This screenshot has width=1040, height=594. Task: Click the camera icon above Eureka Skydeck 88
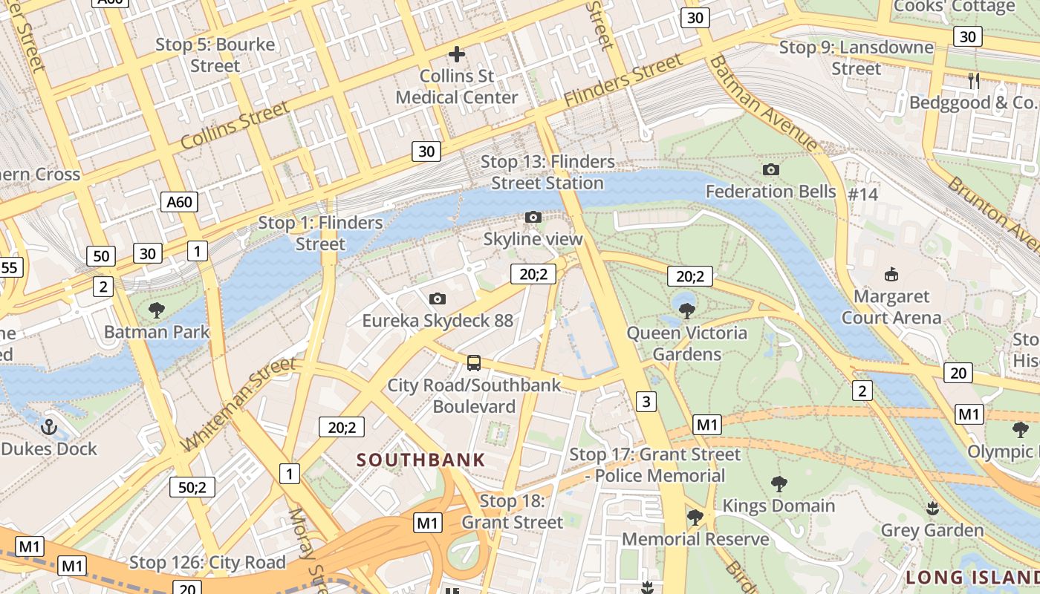point(438,298)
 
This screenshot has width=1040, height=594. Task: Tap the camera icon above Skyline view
point(533,217)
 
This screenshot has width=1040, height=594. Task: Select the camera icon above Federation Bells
point(770,169)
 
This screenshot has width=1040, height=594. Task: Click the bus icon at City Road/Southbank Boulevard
point(473,363)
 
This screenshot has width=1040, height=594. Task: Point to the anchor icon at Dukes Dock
point(48,427)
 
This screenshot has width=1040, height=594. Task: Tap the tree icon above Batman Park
point(156,310)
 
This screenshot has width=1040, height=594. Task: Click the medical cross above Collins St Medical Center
point(457,53)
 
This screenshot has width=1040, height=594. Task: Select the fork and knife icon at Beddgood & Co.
point(974,80)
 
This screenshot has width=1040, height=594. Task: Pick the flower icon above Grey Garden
point(932,509)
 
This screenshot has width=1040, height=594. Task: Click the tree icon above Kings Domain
point(779,484)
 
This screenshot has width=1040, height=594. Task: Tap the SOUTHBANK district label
point(420,460)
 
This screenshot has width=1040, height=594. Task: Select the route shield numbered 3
point(646,402)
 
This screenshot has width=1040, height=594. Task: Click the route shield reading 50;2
point(192,487)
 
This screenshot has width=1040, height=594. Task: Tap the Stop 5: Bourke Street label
point(215,55)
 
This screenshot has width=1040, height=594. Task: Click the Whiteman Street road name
point(238,403)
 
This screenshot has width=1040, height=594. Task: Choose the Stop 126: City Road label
point(207,563)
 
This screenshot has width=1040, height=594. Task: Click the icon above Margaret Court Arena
point(891,274)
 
